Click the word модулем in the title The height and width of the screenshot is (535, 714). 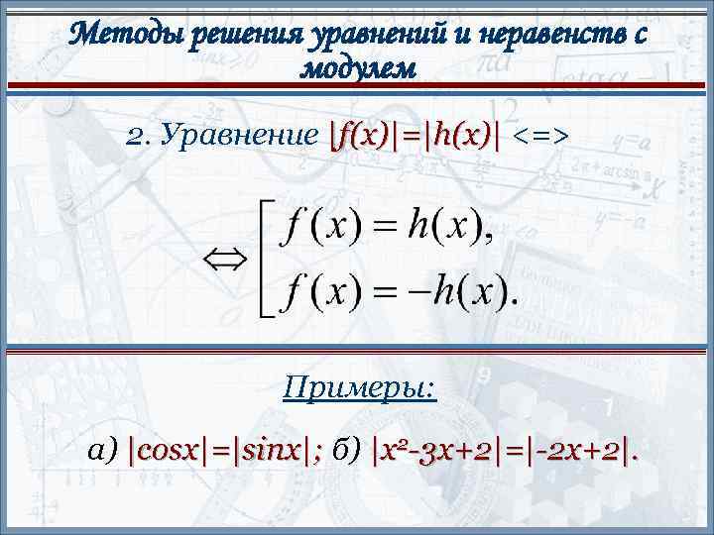[x=358, y=69]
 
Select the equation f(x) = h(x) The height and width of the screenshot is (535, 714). [x=382, y=229]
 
